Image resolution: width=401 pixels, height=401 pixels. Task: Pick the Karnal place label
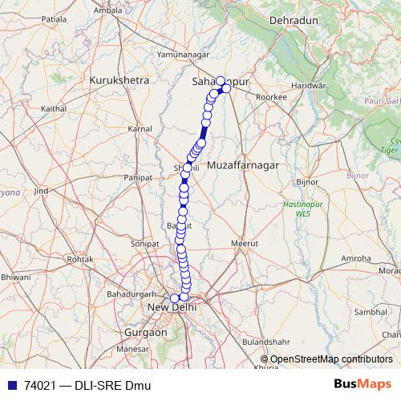coord(140,128)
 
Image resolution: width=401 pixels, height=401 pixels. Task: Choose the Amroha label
coord(356,258)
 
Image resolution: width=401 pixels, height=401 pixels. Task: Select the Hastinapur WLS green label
coord(297,209)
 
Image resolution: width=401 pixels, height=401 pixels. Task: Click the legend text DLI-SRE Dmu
coord(112,386)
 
